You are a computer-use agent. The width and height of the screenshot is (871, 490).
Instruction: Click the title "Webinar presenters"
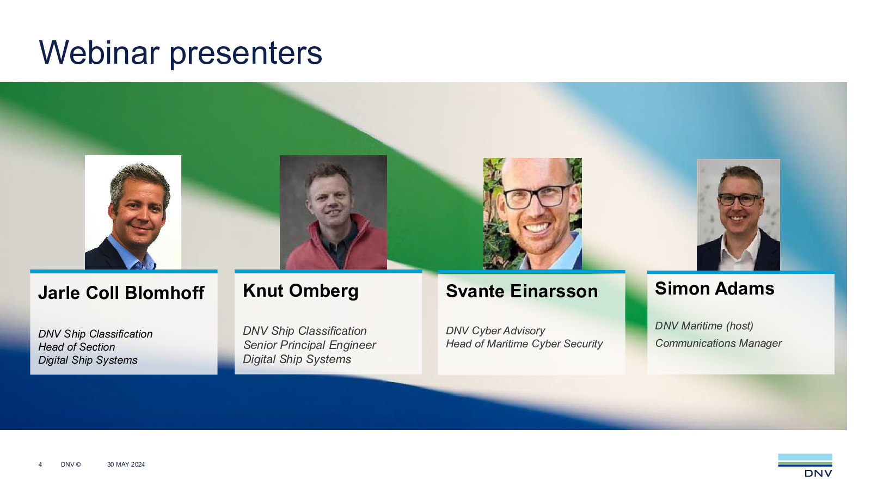click(180, 53)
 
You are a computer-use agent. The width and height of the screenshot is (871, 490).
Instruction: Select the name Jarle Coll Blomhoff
click(121, 293)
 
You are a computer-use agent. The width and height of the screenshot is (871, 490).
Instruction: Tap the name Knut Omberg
click(300, 291)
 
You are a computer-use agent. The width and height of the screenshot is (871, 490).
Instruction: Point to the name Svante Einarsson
click(522, 291)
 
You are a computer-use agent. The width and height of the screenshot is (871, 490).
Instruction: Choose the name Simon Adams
click(715, 289)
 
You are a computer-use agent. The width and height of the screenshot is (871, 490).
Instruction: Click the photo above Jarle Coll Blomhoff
click(133, 212)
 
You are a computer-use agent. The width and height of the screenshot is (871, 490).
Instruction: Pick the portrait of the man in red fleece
click(333, 212)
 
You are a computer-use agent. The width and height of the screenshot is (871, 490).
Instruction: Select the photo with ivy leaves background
click(533, 213)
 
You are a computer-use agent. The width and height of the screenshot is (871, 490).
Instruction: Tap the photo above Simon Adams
click(738, 215)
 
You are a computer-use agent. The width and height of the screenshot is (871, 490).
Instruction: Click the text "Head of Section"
click(77, 347)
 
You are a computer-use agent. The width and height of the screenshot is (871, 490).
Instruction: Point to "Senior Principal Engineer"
click(310, 345)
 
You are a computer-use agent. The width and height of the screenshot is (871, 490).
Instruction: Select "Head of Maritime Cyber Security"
click(524, 344)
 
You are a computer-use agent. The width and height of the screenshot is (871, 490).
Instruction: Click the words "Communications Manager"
click(718, 343)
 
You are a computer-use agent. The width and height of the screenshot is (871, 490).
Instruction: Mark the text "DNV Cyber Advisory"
click(495, 330)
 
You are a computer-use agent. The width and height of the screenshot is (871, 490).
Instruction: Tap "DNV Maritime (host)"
click(704, 326)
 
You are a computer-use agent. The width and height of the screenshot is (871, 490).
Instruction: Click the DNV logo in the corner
click(805, 465)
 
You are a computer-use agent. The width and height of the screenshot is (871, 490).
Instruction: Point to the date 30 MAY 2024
click(126, 464)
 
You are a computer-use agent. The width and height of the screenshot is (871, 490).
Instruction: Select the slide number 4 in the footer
click(40, 464)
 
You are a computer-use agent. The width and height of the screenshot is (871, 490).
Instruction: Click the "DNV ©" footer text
click(71, 464)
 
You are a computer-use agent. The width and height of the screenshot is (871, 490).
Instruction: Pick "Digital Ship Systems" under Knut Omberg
click(297, 359)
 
